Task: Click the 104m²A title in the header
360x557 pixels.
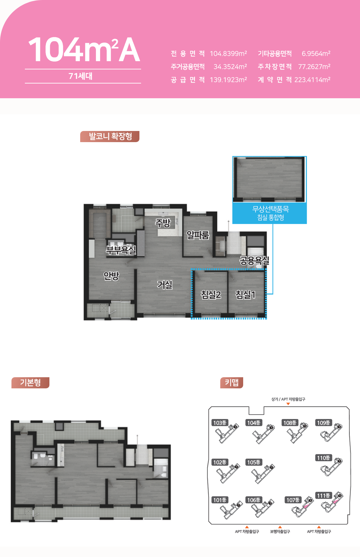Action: click(84, 50)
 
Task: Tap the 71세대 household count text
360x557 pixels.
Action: click(81, 76)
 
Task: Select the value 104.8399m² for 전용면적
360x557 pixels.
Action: click(228, 53)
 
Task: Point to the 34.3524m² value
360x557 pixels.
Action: click(230, 67)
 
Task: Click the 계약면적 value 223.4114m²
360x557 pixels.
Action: click(312, 80)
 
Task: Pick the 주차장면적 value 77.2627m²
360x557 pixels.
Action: click(314, 67)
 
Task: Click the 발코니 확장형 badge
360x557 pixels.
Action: click(110, 137)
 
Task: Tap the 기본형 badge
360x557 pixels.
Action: click(30, 382)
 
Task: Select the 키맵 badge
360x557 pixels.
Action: click(232, 382)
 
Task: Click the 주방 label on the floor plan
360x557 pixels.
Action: click(163, 223)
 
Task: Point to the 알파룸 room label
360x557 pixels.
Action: click(198, 235)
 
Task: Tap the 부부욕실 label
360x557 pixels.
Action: click(121, 250)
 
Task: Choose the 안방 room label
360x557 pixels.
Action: click(111, 275)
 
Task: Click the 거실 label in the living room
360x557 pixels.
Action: click(165, 285)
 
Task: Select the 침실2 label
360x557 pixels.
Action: click(211, 295)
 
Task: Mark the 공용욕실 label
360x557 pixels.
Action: click(254, 260)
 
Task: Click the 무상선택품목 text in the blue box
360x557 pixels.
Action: click(271, 209)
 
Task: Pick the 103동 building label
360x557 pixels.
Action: click(220, 423)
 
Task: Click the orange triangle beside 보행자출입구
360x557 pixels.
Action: click(280, 527)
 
